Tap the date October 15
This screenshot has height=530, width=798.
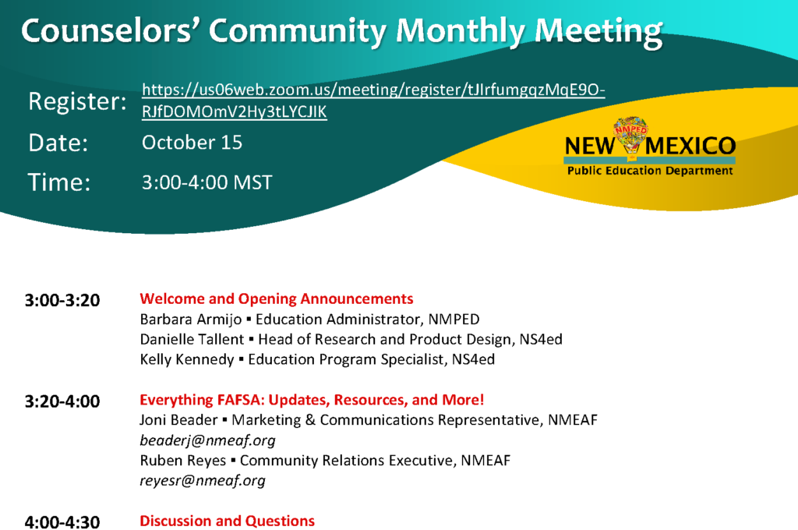coord(192,143)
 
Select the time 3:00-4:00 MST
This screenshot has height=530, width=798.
coord(207,182)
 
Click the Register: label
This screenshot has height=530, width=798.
coord(77,101)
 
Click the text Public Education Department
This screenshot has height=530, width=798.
coord(650,171)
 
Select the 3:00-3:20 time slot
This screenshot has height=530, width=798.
coord(62,300)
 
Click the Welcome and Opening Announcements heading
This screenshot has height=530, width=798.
coord(277,299)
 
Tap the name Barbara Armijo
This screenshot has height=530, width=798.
coord(191,320)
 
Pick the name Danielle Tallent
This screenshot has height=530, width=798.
coord(192,339)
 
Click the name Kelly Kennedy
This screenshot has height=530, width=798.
coord(187,359)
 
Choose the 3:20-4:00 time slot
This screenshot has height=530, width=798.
coord(62,401)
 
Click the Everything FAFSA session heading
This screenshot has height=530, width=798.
coord(312,400)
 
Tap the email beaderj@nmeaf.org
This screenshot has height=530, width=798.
coord(207,440)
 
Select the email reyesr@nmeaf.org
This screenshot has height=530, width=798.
coord(203,481)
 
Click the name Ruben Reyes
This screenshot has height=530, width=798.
coord(182,461)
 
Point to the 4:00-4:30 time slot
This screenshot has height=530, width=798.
coord(62,522)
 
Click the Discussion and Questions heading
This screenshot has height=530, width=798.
coord(227,521)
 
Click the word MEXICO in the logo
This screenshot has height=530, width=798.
coord(690,146)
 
